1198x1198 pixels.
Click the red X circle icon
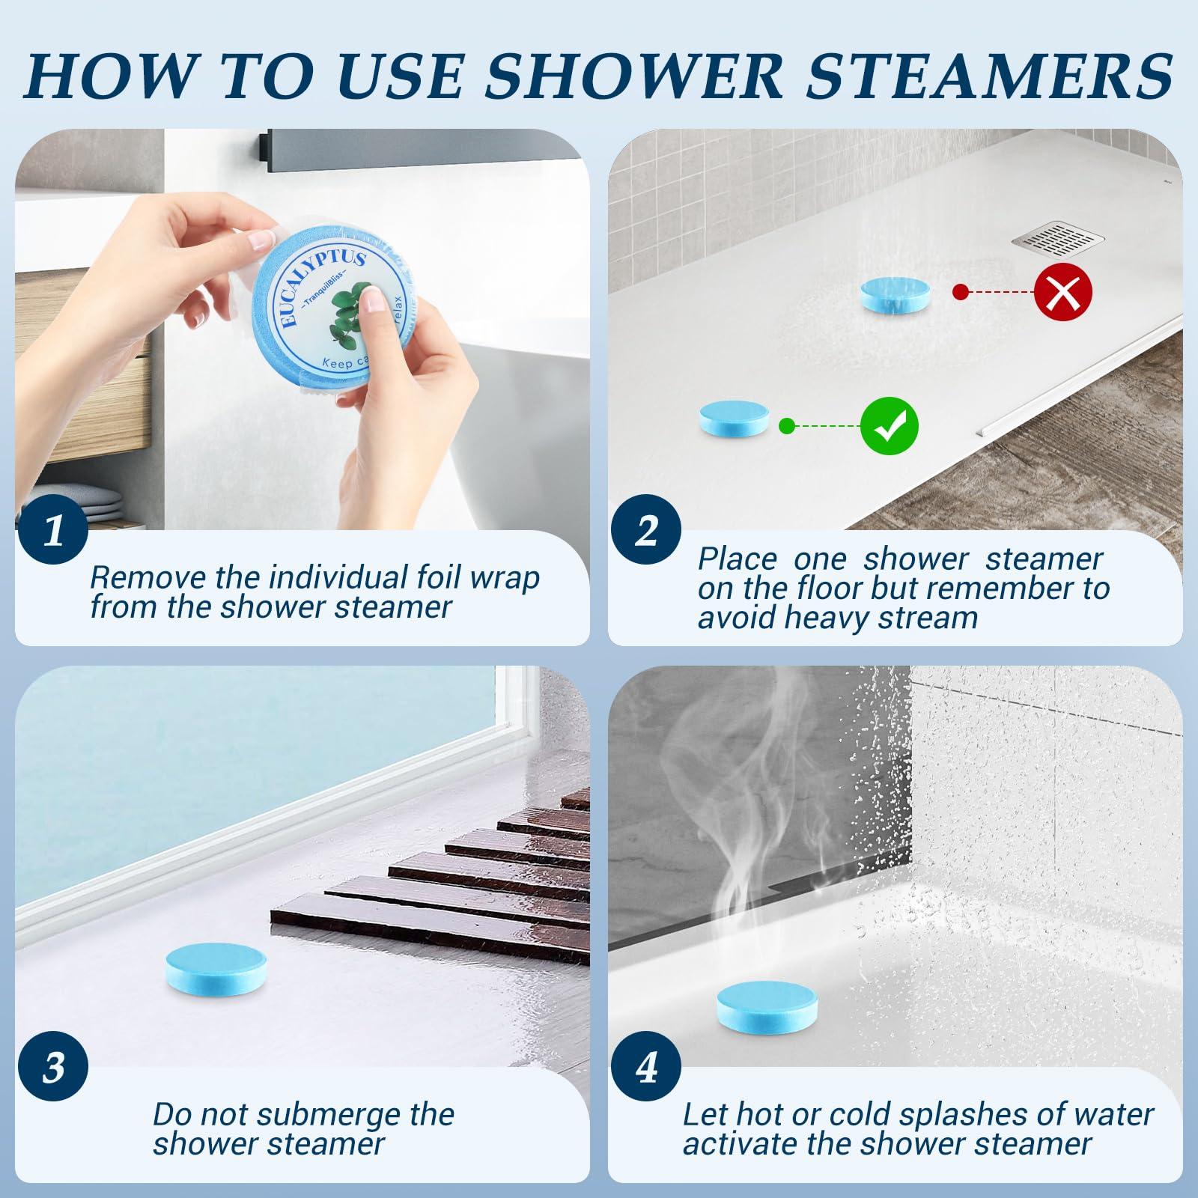(x=1062, y=291)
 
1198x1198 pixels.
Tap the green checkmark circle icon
(x=889, y=426)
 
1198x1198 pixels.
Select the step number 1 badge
(x=53, y=532)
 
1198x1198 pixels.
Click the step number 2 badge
(x=646, y=532)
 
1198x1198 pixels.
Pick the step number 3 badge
(x=53, y=1067)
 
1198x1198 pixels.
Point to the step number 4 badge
(x=646, y=1067)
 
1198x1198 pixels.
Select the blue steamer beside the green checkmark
(x=734, y=419)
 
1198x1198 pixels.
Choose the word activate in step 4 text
(x=740, y=1144)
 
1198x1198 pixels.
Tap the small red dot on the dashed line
(x=958, y=292)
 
